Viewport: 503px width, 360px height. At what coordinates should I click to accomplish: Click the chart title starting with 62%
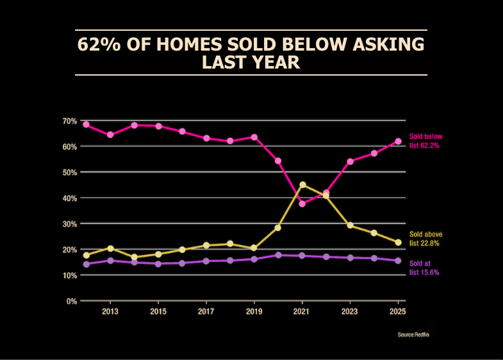click(251, 53)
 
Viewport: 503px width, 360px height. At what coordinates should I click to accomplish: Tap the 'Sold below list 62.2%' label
click(425, 141)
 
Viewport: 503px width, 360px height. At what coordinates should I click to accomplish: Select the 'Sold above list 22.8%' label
click(425, 239)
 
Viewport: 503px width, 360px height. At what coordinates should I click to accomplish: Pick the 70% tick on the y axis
click(70, 121)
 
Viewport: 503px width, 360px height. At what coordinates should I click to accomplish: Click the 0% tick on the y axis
click(72, 301)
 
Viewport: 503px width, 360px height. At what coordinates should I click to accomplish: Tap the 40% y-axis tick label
click(70, 198)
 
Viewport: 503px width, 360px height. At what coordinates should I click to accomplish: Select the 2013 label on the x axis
click(110, 311)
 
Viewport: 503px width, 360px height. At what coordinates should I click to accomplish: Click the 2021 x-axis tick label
click(302, 311)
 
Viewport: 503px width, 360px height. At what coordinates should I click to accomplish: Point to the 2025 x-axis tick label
click(398, 311)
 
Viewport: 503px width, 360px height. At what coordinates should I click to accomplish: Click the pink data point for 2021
click(302, 204)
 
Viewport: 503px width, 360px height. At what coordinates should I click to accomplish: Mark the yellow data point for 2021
click(302, 185)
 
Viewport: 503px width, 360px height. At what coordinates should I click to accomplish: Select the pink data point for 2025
click(398, 141)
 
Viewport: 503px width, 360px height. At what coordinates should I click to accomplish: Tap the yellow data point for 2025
click(398, 242)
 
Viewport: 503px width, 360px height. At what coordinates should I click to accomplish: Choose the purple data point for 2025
click(398, 261)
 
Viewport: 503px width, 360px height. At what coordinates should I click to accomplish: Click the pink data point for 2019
click(254, 137)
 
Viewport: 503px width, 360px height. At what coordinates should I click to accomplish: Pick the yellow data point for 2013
click(110, 248)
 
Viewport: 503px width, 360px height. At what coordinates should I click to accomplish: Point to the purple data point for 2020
click(278, 255)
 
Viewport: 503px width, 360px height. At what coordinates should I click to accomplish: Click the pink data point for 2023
click(350, 161)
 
